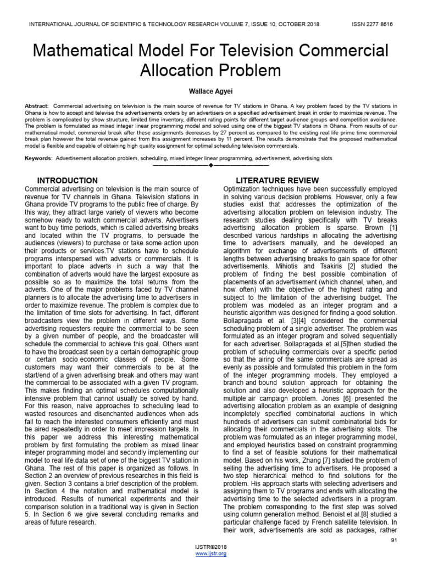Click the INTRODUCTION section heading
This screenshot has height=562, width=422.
tap(67, 181)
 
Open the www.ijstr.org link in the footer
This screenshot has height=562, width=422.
tap(211, 554)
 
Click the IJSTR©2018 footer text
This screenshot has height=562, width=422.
tap(211, 548)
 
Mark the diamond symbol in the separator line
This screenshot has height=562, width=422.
tap(211, 165)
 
